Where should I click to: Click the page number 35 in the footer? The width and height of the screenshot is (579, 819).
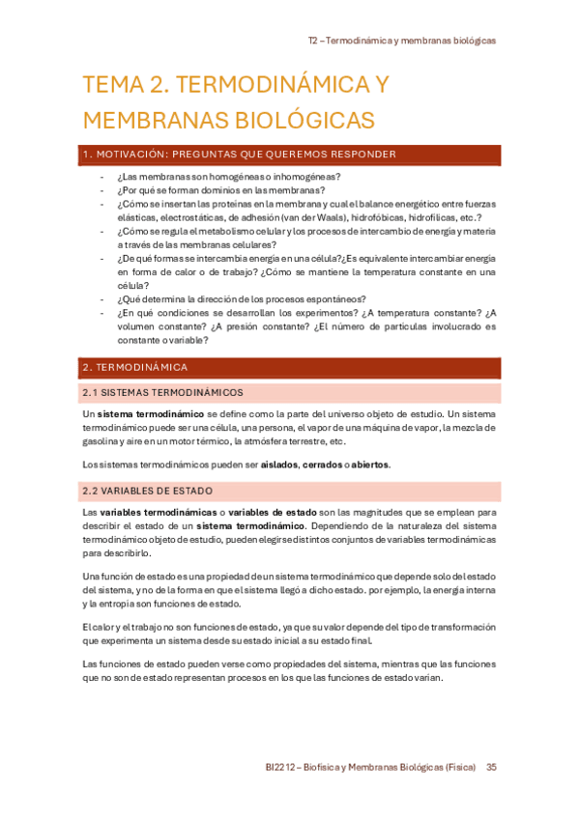[x=491, y=767]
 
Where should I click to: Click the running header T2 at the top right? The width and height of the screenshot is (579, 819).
[x=313, y=42]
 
